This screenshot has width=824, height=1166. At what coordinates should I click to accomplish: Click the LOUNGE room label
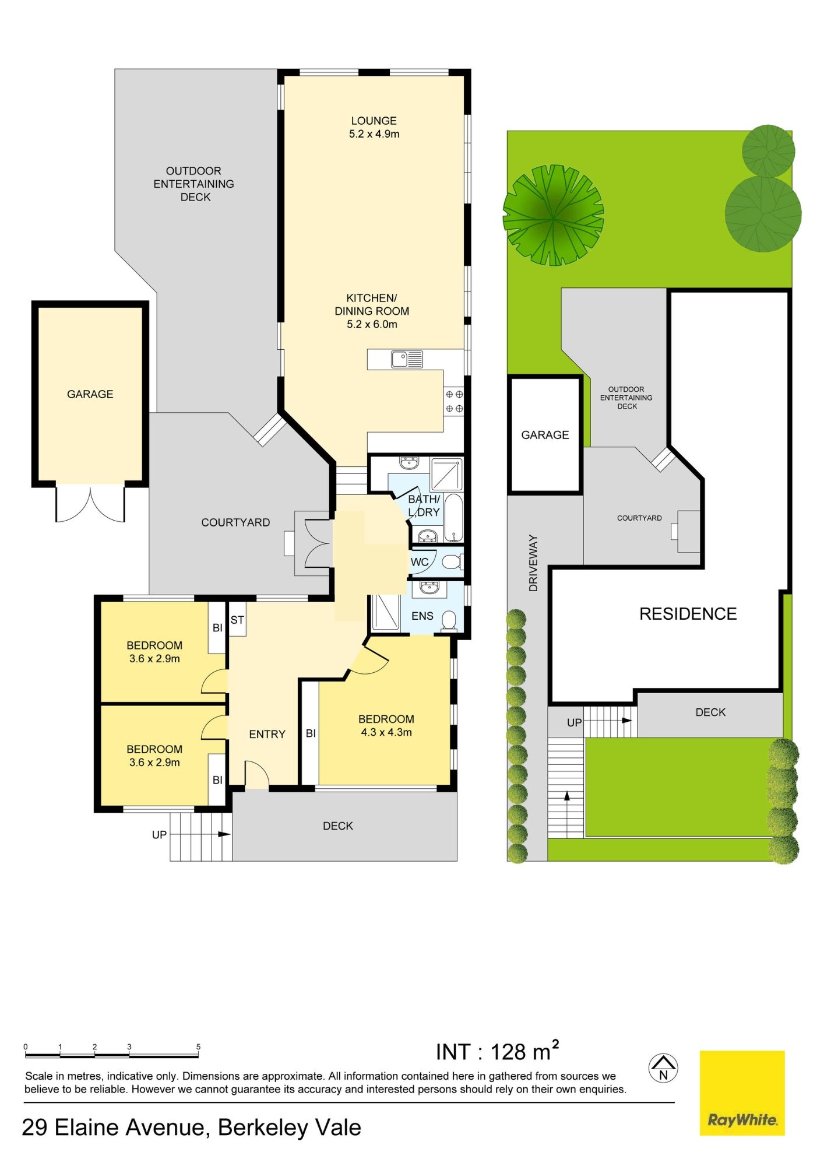tap(374, 121)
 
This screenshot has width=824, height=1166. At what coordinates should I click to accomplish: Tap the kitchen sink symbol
tap(407, 359)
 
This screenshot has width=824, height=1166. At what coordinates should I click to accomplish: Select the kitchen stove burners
tap(454, 401)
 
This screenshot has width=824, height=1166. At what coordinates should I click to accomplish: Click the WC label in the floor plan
tap(420, 562)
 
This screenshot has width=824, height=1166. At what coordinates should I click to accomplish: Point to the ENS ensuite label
tap(422, 616)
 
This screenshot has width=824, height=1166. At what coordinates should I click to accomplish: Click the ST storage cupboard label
tap(237, 620)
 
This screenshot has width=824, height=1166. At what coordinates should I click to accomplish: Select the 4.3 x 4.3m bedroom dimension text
tap(386, 732)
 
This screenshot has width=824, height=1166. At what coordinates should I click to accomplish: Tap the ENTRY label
tap(267, 734)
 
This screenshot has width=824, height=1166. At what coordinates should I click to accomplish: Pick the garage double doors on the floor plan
tap(90, 503)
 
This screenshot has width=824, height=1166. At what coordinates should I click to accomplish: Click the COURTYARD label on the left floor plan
tap(235, 522)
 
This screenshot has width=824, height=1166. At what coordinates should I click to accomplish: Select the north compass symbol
tap(663, 1068)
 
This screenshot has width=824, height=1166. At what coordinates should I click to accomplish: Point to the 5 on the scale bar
tap(198, 1046)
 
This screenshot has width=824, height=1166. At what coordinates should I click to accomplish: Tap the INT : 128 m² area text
tap(497, 1051)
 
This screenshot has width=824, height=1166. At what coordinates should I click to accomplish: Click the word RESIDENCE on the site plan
tap(688, 613)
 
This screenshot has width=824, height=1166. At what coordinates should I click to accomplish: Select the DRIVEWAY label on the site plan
tap(533, 563)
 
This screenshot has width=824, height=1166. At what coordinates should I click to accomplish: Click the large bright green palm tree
tap(553, 215)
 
